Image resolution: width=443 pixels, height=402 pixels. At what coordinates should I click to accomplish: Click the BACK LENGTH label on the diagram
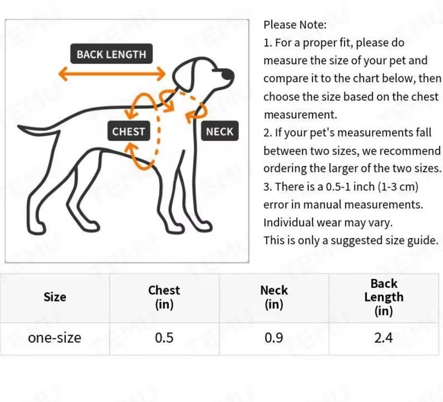point(111,53)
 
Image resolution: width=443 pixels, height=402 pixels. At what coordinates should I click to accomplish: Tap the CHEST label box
point(129,131)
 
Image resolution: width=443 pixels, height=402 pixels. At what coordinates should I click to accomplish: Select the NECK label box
point(220,131)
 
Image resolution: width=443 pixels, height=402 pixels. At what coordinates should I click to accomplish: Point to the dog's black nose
point(227,75)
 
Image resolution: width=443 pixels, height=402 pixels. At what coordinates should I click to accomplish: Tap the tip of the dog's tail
point(18,127)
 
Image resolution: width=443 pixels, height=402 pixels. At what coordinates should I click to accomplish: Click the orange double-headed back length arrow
point(112,74)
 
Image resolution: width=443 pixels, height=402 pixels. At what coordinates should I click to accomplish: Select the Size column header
point(55,297)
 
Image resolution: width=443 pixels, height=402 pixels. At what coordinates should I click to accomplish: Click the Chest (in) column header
point(164,297)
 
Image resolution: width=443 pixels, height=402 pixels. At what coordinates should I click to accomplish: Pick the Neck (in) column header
point(274,297)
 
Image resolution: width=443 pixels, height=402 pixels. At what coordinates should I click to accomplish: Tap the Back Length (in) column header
point(383,297)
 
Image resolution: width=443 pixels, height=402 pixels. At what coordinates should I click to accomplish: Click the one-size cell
point(54,338)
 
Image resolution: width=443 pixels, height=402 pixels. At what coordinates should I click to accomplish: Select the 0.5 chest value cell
point(164,338)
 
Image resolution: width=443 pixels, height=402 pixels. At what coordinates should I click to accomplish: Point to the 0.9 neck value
point(274,338)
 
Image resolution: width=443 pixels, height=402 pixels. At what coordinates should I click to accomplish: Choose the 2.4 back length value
point(383,338)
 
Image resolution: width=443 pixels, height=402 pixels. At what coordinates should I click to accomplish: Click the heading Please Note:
point(295,25)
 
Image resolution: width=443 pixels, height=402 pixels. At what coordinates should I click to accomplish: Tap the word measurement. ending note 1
point(300,115)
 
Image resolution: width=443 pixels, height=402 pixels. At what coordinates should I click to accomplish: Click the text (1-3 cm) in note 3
point(398,186)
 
